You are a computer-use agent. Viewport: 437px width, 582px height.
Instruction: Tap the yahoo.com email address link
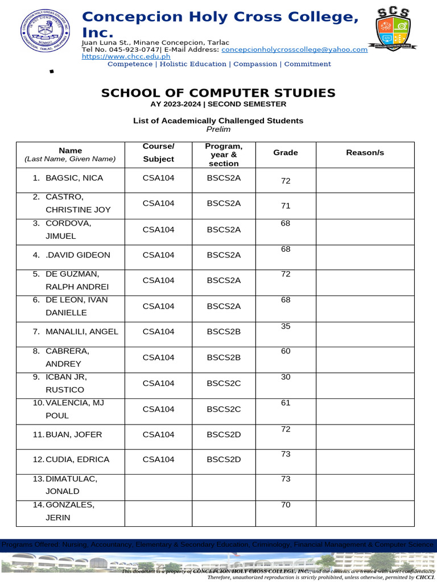click(294, 49)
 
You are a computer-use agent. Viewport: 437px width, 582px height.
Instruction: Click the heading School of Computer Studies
click(218, 93)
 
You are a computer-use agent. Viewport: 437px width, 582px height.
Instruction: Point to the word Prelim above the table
click(218, 129)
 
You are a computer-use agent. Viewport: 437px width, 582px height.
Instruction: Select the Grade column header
click(285, 153)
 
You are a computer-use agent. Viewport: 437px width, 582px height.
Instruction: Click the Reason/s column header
click(365, 153)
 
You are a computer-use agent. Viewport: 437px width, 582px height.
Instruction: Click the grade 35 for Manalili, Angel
click(285, 326)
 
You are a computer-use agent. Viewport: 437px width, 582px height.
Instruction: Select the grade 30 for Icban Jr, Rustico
click(285, 377)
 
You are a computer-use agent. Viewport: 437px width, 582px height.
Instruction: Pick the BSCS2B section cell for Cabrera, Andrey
click(224, 357)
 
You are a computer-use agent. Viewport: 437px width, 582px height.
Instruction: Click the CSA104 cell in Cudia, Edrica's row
click(158, 459)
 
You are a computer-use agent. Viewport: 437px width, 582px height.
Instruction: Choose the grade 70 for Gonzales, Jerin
click(285, 504)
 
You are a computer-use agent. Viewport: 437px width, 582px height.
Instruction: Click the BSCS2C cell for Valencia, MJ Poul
click(224, 409)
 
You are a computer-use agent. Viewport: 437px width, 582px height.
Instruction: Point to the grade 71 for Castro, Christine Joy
click(285, 206)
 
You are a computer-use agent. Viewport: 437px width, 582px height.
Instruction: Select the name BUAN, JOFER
click(73, 435)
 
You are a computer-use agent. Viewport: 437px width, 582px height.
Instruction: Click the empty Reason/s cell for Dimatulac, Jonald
click(365, 487)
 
